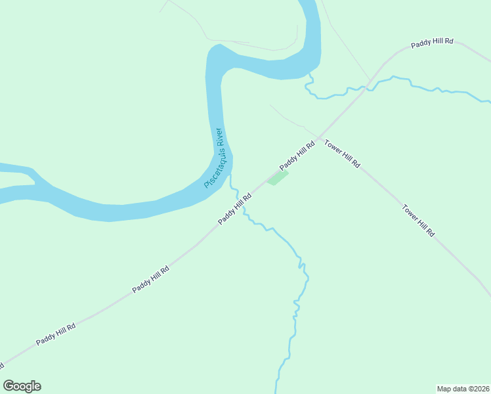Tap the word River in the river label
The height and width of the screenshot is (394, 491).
221,139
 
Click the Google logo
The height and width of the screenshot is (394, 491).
22,386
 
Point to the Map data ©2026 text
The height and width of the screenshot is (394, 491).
463,389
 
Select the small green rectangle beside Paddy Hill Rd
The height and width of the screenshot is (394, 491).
277,177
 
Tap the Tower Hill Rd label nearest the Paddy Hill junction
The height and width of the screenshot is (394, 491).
343,154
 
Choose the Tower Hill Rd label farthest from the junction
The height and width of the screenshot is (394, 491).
419,221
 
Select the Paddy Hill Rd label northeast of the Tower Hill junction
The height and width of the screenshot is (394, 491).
432,43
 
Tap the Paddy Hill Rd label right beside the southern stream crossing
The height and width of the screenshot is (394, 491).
235,208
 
